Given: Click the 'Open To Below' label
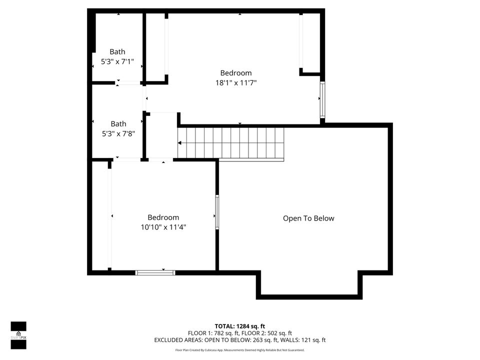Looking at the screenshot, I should pos(308,218).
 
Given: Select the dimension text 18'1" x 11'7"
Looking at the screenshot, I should pos(236,83).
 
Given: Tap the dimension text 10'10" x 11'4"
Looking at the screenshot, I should pos(163,227).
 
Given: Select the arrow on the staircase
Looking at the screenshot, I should pos(180,143).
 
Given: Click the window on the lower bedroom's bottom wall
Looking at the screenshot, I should pos(155,272).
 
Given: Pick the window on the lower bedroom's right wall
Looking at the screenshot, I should pos(217,212).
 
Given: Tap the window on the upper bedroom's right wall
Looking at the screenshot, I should pos(322,98).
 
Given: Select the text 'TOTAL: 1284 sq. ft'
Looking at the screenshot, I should pos(240,326).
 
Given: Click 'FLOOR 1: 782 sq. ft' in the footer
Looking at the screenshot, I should pos(213,333).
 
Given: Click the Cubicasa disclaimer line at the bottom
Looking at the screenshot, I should pos(240,350).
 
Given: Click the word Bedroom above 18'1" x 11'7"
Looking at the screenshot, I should pos(236,73).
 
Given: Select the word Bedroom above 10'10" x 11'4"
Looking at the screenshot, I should pos(163,217).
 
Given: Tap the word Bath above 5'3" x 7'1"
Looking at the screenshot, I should pos(117,51).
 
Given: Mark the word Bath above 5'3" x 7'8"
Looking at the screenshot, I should pos(118,124).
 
